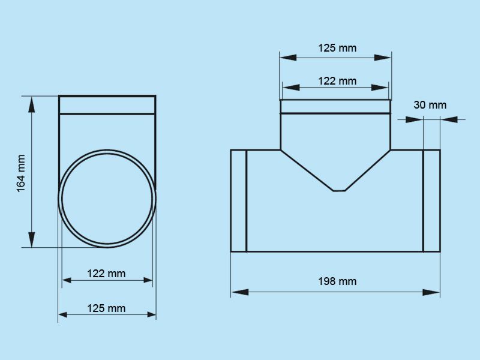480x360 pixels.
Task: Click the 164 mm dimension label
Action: click(21, 173)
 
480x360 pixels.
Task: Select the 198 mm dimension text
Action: click(337, 281)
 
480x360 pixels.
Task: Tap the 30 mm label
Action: click(430, 105)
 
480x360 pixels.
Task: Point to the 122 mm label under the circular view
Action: click(106, 274)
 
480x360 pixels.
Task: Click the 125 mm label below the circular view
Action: click(106, 308)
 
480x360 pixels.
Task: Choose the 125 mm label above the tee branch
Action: click(337, 48)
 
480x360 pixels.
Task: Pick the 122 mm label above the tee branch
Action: click(337, 81)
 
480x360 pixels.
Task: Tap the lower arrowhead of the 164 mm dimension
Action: click(32, 239)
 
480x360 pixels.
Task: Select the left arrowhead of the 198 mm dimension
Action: click(239, 292)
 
